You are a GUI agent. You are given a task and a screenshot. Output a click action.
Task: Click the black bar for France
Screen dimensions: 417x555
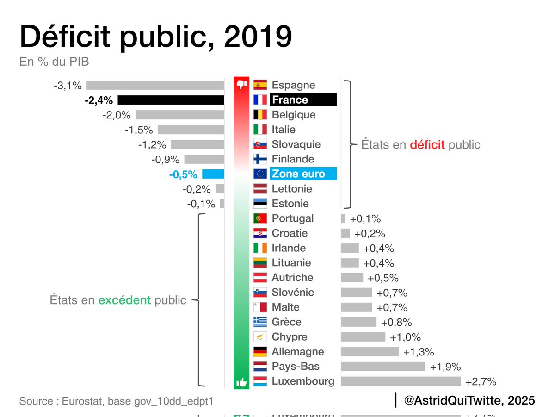[171, 100]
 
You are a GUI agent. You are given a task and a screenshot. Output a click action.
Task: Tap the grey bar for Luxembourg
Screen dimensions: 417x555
[401, 381]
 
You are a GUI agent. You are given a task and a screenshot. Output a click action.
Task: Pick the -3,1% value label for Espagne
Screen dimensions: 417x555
[68, 85]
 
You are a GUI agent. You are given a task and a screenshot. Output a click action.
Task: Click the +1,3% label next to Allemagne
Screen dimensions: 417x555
[419, 352]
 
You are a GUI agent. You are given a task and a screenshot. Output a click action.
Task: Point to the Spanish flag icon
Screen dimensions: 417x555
[260, 85]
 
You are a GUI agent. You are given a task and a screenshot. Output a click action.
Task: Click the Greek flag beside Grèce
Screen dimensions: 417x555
[260, 322]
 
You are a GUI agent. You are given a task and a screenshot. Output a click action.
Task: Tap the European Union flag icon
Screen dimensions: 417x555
[260, 174]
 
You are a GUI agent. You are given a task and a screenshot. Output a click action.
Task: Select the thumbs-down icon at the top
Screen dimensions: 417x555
[241, 85]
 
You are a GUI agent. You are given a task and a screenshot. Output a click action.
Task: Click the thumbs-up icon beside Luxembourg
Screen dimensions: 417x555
[241, 382]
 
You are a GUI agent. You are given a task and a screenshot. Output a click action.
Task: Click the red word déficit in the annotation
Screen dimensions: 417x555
[427, 145]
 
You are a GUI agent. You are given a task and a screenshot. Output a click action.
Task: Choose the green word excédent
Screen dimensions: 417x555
[125, 300]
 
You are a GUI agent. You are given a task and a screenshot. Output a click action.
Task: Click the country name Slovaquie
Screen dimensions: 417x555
[296, 144]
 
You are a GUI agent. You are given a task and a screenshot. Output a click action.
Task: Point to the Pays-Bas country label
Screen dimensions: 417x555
[296, 367]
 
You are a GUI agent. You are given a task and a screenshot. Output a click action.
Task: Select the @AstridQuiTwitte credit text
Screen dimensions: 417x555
[469, 400]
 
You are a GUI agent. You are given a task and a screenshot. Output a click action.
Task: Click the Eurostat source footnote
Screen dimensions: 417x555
[116, 401]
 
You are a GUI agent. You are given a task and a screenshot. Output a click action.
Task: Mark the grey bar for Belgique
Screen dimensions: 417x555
[180, 115]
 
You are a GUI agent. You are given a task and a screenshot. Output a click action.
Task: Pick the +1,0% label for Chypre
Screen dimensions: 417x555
[405, 337]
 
